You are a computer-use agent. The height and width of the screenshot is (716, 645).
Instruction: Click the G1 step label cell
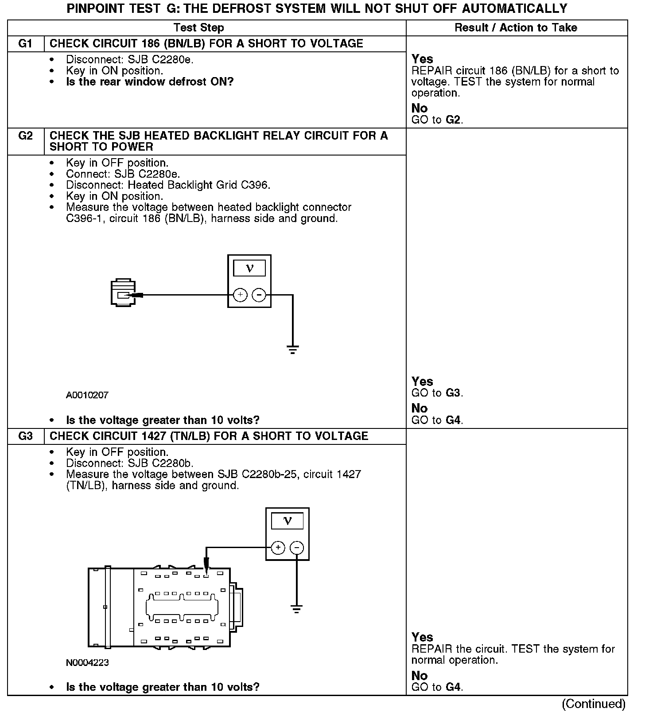coord(26,43)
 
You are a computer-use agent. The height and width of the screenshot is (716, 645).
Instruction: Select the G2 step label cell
coord(26,136)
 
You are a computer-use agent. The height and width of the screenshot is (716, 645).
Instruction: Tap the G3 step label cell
coord(26,436)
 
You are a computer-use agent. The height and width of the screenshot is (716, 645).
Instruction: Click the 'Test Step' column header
coord(198,27)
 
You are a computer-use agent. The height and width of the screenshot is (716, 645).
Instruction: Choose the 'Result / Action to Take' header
coord(516,27)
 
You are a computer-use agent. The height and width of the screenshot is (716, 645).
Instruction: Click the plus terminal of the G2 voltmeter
coord(240,295)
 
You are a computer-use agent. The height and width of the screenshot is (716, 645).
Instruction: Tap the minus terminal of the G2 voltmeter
coord(259,295)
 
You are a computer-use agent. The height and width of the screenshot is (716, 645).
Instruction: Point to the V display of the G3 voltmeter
coord(288,521)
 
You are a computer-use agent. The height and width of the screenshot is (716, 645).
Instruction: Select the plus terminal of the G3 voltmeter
coord(278,548)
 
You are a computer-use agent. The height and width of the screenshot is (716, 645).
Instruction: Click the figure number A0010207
coord(87,395)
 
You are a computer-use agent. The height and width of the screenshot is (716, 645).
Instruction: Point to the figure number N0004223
coord(87,662)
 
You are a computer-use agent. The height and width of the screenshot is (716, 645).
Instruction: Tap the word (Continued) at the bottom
coord(593,704)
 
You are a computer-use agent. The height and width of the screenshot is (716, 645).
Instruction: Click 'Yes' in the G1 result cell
coord(422,59)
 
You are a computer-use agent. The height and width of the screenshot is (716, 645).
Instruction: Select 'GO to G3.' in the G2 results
coord(437,393)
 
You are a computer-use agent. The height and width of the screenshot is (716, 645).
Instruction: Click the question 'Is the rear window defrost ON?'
coord(150,82)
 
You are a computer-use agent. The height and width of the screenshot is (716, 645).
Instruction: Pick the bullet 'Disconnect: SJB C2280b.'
coord(130,463)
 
